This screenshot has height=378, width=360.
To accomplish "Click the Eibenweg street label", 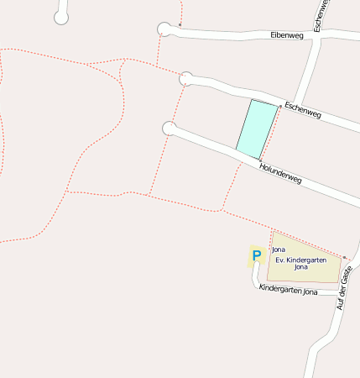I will pyautogui.click(x=286, y=35).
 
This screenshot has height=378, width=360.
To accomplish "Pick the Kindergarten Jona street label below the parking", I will pyautogui.click(x=288, y=290).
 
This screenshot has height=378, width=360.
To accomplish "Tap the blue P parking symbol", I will pyautogui.click(x=256, y=255).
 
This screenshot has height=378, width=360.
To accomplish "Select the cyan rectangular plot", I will pyautogui.click(x=257, y=129).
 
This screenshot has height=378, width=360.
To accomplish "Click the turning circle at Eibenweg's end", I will pyautogui.click(x=164, y=29).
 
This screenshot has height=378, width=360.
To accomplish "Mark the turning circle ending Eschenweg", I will pyautogui.click(x=186, y=79).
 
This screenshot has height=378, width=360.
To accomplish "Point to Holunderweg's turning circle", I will pyautogui.click(x=170, y=129).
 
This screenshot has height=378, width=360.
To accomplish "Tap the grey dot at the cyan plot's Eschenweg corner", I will pyautogui.click(x=279, y=107).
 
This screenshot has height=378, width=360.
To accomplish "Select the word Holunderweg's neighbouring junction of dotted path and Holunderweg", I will pyautogui.click(x=261, y=159).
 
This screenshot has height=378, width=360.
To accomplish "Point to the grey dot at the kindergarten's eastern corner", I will pyautogui.click(x=344, y=257).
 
